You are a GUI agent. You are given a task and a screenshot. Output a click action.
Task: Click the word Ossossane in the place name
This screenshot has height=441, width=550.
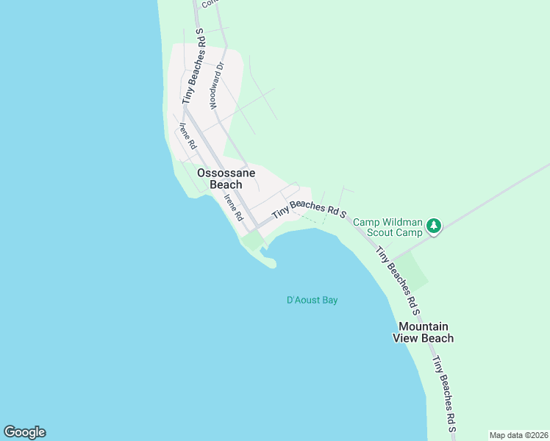[x=226, y=173]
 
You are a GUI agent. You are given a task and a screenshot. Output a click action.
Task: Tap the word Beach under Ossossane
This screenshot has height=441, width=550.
[x=226, y=184]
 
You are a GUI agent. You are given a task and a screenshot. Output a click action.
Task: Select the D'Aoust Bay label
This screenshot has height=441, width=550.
[x=312, y=300]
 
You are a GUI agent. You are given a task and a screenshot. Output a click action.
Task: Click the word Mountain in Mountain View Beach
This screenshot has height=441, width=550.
[x=424, y=326]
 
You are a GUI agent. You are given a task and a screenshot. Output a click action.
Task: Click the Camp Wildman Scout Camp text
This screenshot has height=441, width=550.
[x=387, y=227]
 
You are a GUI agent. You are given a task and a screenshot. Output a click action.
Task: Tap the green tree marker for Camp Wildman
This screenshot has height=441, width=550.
[x=434, y=226]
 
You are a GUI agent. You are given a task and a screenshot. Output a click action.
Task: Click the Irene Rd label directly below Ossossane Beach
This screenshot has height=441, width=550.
[x=233, y=208]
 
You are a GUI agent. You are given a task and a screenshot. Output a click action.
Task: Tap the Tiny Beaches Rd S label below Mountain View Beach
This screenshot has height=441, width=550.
[x=444, y=393]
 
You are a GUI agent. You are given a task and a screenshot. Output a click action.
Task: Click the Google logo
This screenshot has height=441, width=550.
[x=24, y=432]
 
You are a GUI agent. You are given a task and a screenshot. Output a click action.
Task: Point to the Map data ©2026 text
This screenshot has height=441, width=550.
[x=518, y=435]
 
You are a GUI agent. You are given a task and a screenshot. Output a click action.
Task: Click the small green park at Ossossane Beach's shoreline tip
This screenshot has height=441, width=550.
[x=253, y=241]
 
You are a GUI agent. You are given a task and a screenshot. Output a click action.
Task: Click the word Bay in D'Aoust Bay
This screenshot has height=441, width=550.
[x=329, y=300]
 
